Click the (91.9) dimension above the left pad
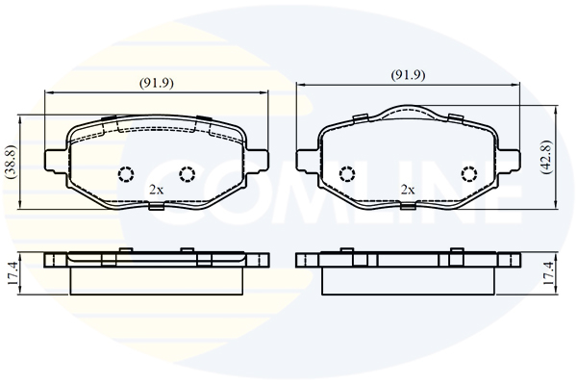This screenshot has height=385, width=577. pyautogui.click(x=156, y=84)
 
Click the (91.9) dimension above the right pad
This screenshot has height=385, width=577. pyautogui.click(x=408, y=75)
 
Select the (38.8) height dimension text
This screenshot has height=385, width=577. pyautogui.click(x=12, y=162)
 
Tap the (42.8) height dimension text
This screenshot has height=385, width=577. pyautogui.click(x=545, y=157)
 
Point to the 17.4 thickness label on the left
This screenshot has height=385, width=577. pyautogui.click(x=13, y=273)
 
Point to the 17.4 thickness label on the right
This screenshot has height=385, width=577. pyautogui.click(x=547, y=273)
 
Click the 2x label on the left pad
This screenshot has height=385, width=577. pyautogui.click(x=156, y=190)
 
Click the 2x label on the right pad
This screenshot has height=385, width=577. pyautogui.click(x=408, y=190)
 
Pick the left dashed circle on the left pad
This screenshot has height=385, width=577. pyautogui.click(x=126, y=174)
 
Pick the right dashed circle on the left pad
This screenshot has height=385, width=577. pyautogui.click(x=187, y=174)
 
